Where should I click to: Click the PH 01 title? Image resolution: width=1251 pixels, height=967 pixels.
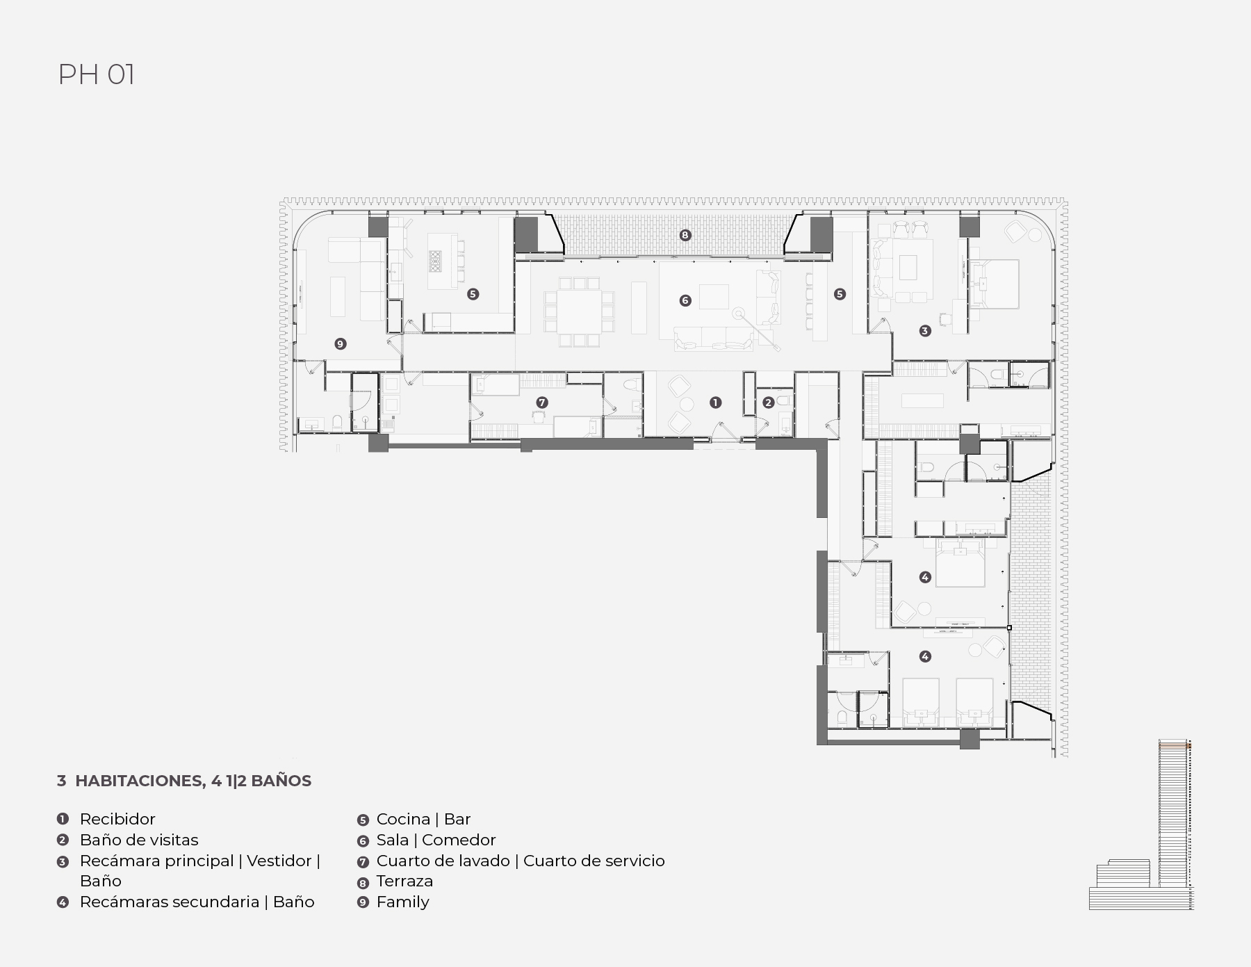click(96, 74)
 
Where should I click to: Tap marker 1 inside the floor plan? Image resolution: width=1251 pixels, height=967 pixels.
click(716, 403)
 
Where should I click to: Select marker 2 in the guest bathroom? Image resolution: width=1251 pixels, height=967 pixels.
click(768, 403)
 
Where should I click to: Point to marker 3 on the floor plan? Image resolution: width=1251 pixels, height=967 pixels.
click(925, 331)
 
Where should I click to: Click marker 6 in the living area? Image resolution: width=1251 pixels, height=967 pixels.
click(685, 300)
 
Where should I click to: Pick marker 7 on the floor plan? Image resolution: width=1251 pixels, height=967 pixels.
click(542, 403)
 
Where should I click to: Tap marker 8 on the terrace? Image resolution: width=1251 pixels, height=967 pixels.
click(685, 235)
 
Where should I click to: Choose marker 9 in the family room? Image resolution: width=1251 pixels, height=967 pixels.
click(340, 343)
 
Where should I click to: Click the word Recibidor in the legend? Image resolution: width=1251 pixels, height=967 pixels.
click(117, 819)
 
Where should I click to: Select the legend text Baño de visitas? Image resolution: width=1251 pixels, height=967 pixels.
click(139, 840)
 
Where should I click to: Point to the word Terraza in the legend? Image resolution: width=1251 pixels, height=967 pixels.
click(404, 881)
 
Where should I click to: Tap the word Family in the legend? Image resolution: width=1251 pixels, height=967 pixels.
click(402, 902)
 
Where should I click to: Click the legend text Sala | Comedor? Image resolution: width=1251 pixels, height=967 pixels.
click(436, 840)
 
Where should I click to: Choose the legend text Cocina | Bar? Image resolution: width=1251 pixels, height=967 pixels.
click(423, 819)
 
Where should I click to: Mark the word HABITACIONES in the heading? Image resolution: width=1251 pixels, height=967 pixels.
click(139, 781)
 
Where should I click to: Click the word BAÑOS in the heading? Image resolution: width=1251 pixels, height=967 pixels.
click(281, 781)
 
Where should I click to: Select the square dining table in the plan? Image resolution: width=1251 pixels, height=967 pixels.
click(579, 311)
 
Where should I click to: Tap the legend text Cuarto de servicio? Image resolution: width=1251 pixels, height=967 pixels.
click(594, 861)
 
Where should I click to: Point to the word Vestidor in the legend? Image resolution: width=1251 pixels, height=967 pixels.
click(279, 861)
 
